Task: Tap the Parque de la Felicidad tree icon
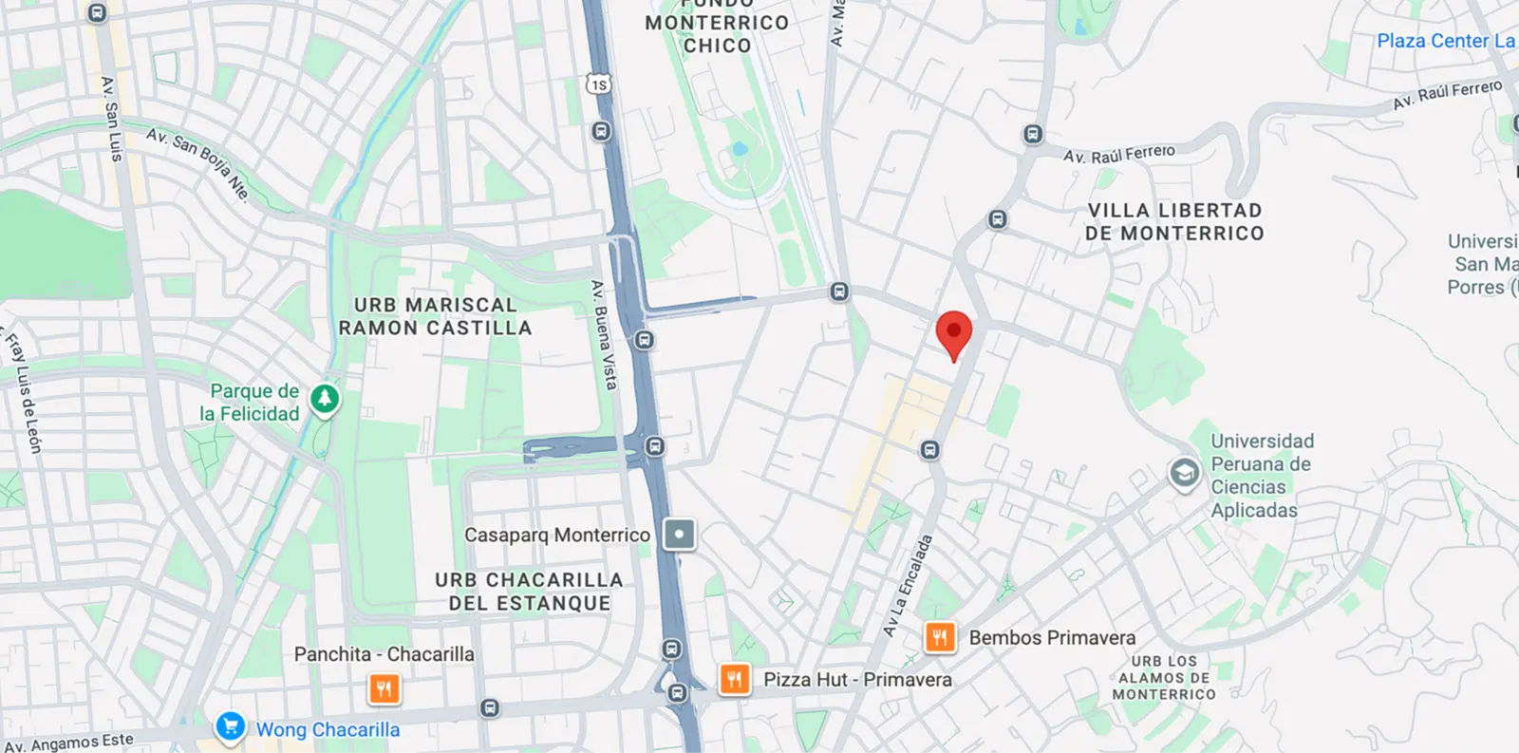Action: point(325,400)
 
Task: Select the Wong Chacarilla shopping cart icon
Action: point(230,726)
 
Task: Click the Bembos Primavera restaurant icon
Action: point(940,637)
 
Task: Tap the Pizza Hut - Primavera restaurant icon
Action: point(734,679)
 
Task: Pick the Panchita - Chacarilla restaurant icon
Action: point(384,688)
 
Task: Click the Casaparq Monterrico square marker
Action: point(679,535)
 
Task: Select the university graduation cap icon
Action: point(1183,473)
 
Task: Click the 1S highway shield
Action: point(597,85)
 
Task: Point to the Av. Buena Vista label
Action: point(604,335)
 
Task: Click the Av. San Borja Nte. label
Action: point(198,164)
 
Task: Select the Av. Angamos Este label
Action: point(69,743)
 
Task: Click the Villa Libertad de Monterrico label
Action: point(1174,222)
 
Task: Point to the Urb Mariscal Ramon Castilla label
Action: point(435,316)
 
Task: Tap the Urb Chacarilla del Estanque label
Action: point(529,591)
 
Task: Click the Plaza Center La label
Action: point(1445,41)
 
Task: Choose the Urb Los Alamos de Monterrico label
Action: point(1164,678)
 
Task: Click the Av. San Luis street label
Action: point(112,119)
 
